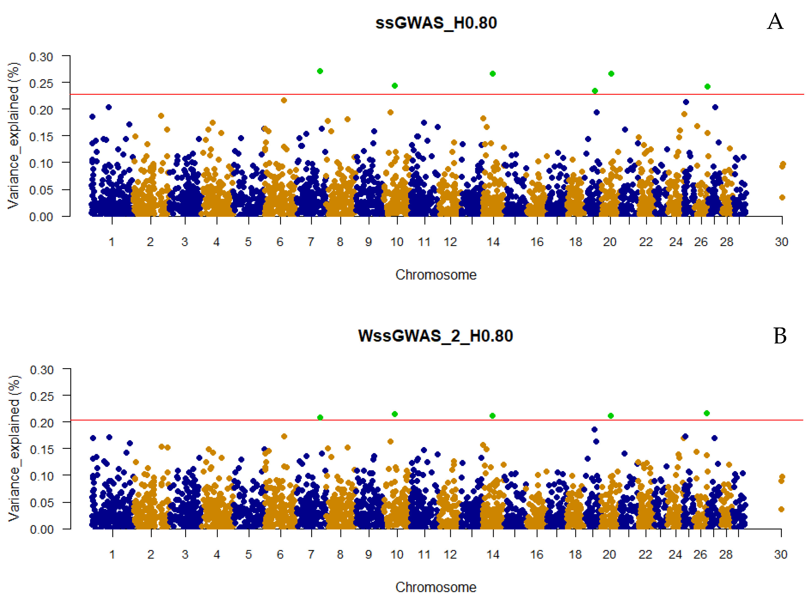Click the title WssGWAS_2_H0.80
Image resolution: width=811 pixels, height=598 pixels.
(x=435, y=335)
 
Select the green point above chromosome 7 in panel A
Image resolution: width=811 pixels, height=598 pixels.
(x=320, y=71)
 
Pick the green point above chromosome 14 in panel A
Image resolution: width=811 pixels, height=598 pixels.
(x=493, y=74)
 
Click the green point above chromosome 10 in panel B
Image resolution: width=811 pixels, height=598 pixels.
(x=395, y=414)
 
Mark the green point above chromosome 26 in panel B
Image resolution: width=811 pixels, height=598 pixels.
(x=706, y=413)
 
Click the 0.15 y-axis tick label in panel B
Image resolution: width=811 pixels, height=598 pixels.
(x=42, y=449)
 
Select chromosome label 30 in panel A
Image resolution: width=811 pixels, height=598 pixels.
(x=781, y=242)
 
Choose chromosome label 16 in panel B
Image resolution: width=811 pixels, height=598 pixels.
(x=536, y=554)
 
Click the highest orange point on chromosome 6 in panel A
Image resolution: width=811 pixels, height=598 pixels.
(x=284, y=100)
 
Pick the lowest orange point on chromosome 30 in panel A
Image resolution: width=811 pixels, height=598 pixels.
(x=782, y=197)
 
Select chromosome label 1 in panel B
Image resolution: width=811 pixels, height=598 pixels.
(x=112, y=554)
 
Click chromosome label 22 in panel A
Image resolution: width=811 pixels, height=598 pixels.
(x=646, y=242)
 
